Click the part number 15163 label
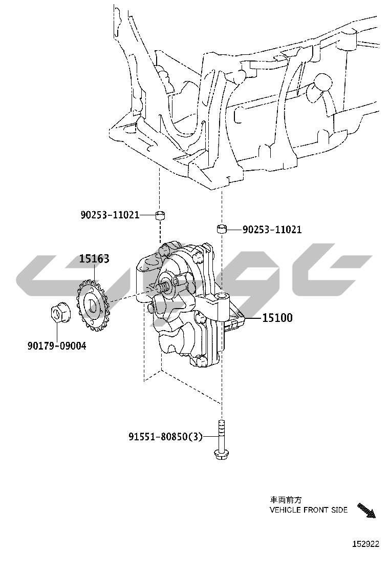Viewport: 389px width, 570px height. (94, 258)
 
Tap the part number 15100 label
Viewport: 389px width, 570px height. (277, 318)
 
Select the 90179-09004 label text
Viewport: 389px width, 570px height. (57, 345)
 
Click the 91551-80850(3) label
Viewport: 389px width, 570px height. (165, 436)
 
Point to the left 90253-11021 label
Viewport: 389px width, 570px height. (110, 215)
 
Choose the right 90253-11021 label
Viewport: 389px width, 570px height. (272, 229)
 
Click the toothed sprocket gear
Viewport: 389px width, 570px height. (93, 304)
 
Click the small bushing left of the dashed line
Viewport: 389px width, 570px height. (160, 215)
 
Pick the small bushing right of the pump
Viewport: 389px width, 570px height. (222, 229)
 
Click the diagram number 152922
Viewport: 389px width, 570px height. (366, 544)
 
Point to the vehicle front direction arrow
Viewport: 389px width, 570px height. (366, 511)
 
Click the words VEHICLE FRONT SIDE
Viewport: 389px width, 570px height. (309, 510)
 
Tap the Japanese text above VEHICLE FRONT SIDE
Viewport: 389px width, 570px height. (286, 500)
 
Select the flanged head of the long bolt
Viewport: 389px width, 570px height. (221, 454)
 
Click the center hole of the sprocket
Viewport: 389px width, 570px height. (92, 306)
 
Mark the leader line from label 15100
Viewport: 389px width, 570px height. (252, 318)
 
